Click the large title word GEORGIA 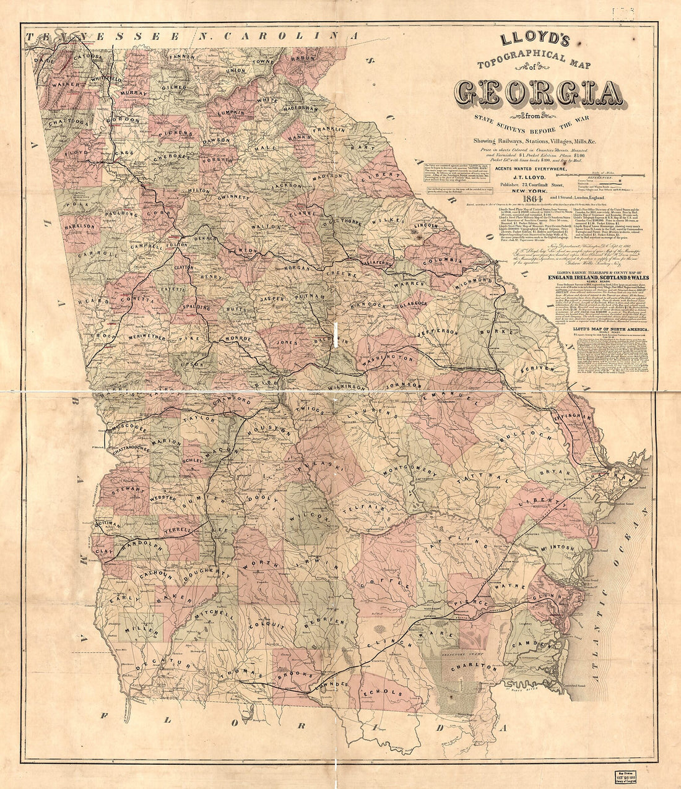click(x=539, y=93)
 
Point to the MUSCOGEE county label click(x=129, y=428)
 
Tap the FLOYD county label click(x=76, y=150)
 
